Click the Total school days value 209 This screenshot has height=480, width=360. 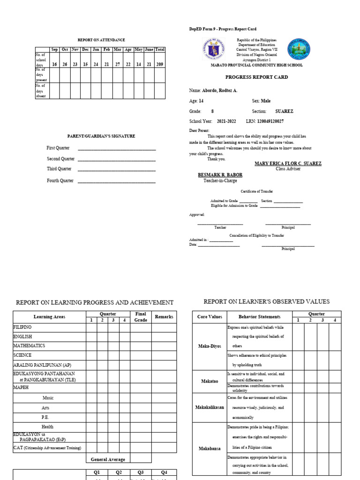click(x=160, y=64)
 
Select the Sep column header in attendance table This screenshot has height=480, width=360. click(x=54, y=49)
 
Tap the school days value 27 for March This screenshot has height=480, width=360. click(x=118, y=64)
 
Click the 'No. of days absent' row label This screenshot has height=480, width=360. click(x=41, y=90)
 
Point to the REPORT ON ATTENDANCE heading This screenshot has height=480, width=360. click(x=101, y=40)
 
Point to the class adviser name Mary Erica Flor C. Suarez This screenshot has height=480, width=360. click(x=288, y=164)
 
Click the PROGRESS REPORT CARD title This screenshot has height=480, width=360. click(x=256, y=77)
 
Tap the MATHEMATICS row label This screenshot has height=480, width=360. click(x=29, y=345)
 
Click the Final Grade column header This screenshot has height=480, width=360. click(x=141, y=317)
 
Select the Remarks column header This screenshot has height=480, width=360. click(x=164, y=317)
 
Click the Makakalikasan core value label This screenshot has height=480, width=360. click(x=210, y=407)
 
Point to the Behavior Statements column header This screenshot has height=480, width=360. click(x=259, y=317)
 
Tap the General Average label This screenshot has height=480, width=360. click(x=108, y=460)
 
